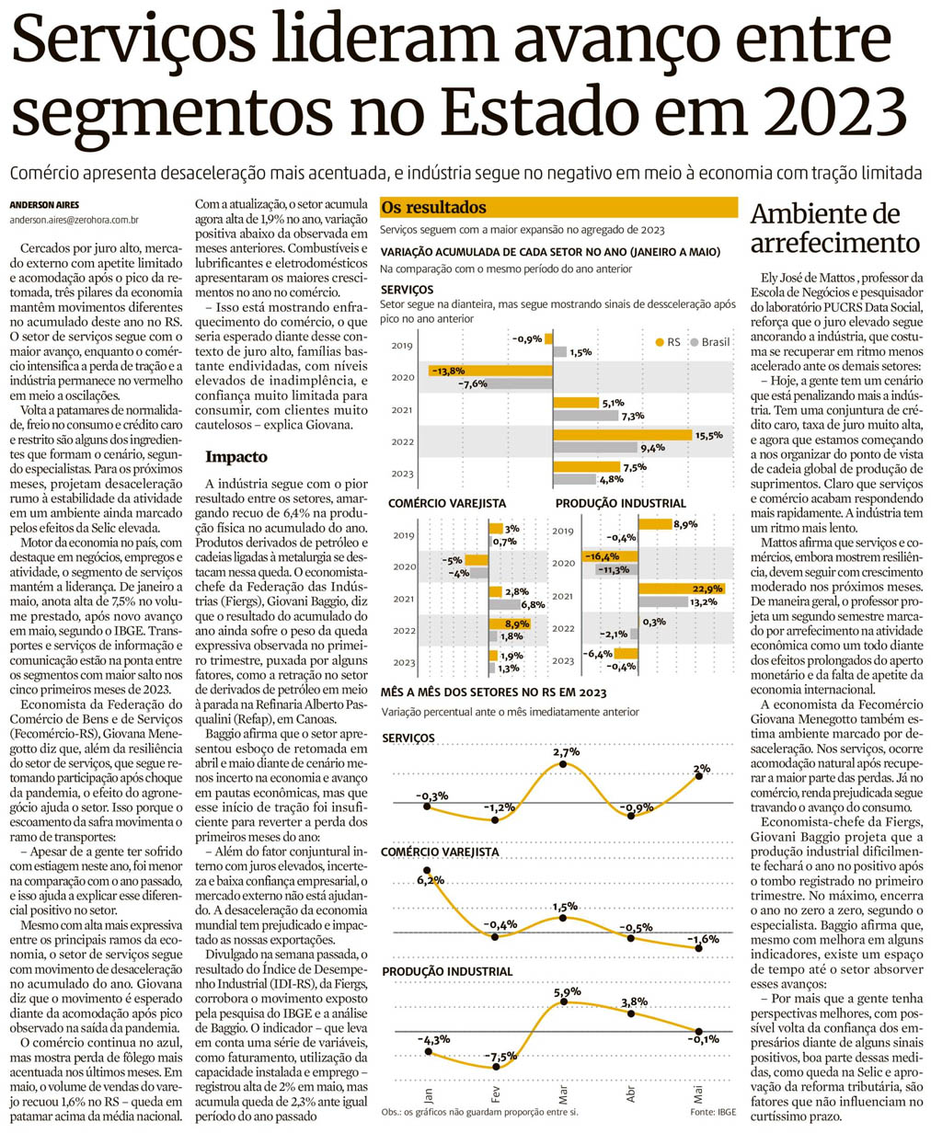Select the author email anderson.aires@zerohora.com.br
[x=75, y=221]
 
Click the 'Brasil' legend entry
[x=715, y=342]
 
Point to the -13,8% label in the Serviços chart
[x=448, y=371]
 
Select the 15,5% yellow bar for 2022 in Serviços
[x=622, y=435]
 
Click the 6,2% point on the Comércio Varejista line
[x=428, y=868]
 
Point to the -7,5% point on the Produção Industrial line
[x=496, y=1067]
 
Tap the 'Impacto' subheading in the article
[x=236, y=456]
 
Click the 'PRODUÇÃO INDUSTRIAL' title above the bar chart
[x=620, y=503]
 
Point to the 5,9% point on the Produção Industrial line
[x=563, y=1002]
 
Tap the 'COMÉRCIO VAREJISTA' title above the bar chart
[x=448, y=503]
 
